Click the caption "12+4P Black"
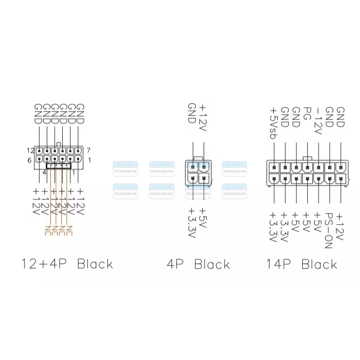67,264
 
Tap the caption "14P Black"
301,264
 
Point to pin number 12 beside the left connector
30,150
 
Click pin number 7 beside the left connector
88,150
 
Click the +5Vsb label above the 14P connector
274,123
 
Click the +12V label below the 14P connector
340,225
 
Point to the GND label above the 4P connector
192,112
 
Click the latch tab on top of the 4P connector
198,159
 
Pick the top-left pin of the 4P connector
193,167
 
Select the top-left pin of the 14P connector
275,167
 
